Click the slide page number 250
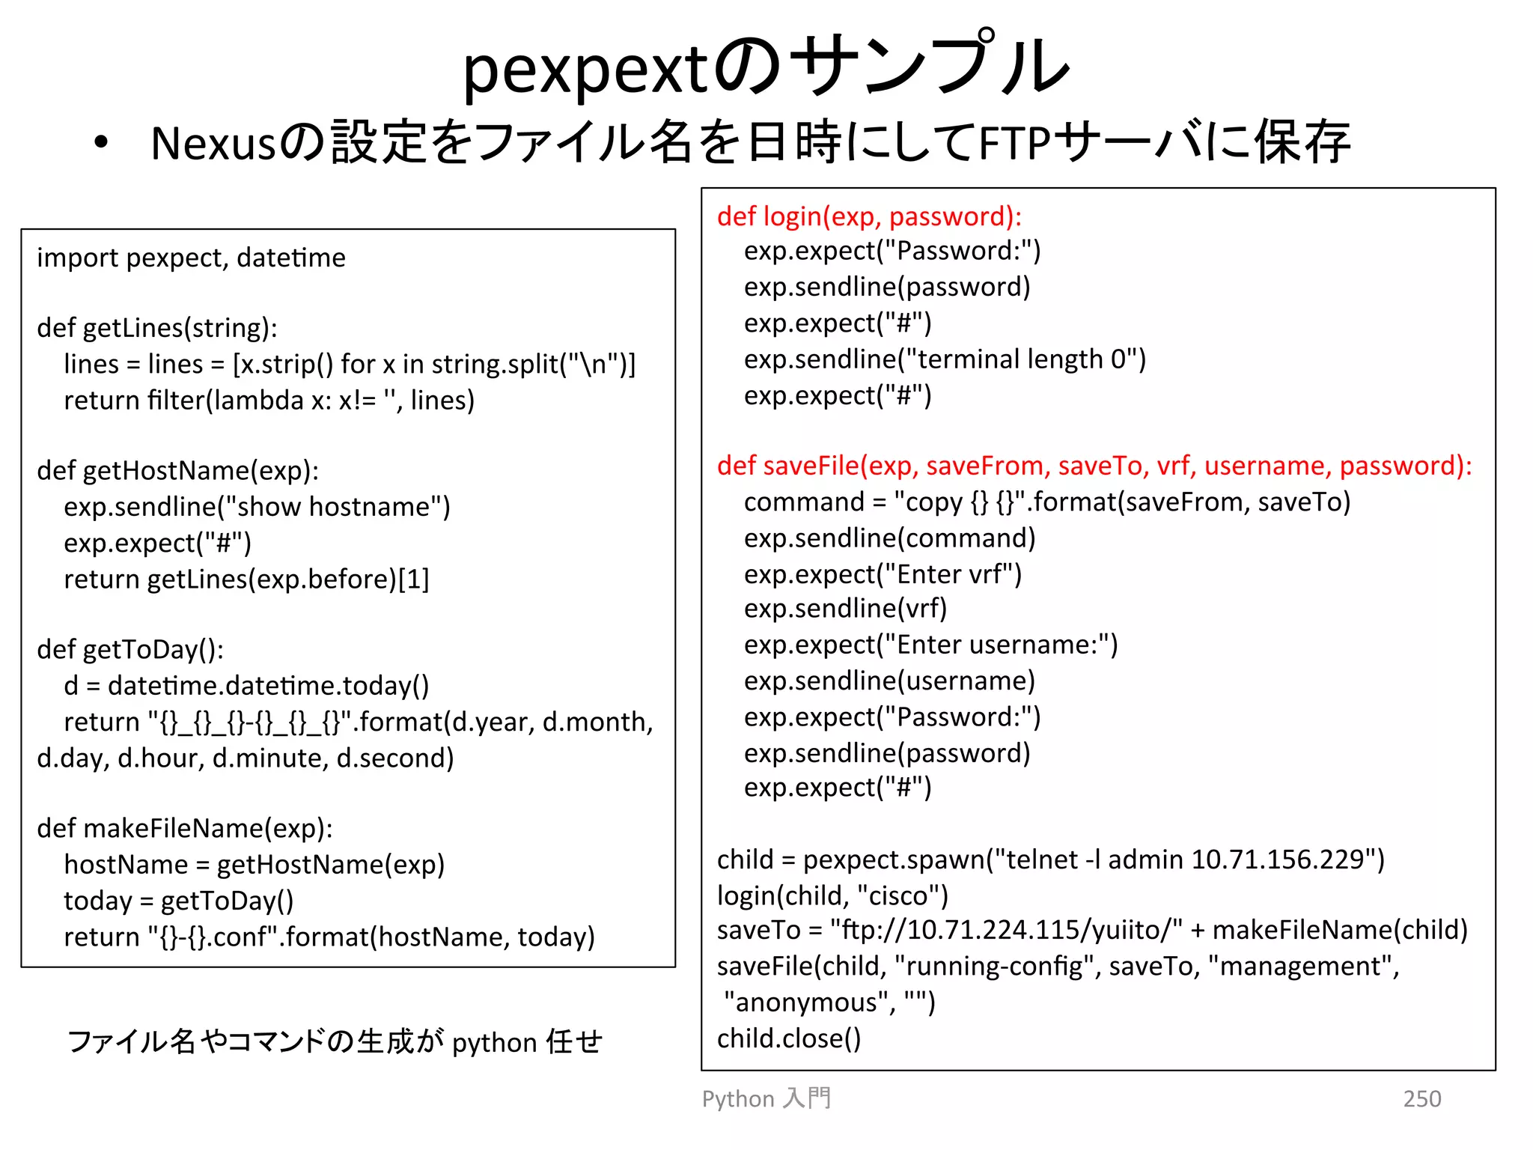pos(1421,1098)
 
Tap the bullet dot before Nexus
pos(102,142)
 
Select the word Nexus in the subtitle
pos(214,143)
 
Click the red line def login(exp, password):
pos(869,216)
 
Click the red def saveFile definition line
pos(1094,466)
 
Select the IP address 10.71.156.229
pos(1278,860)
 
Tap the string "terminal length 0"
pos(1022,359)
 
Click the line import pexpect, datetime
pos(191,258)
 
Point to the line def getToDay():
pos(130,649)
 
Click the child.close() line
pos(789,1038)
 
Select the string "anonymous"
pos(809,1003)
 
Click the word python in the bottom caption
pos(495,1043)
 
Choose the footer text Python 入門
pos(766,1098)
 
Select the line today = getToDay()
pos(178,901)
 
